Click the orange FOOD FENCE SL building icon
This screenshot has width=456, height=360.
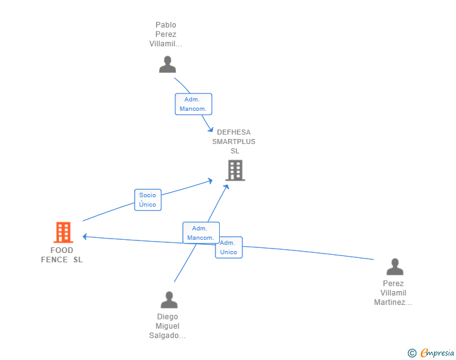[63, 232]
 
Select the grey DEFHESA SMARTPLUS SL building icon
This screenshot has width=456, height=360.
[235, 170]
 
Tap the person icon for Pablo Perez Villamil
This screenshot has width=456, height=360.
[167, 64]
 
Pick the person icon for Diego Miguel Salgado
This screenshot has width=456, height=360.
[169, 300]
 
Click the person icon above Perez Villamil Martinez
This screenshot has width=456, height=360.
[395, 267]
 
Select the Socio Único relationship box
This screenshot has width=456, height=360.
[148, 200]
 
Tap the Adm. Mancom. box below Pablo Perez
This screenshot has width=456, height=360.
[194, 104]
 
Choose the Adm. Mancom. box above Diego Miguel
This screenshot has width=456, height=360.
[201, 233]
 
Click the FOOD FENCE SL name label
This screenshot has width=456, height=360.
[61, 255]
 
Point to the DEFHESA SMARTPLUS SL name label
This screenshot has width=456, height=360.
[234, 141]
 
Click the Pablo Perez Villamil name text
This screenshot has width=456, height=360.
[166, 34]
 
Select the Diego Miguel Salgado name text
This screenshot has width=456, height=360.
[167, 326]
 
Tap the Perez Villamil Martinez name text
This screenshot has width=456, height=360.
[393, 293]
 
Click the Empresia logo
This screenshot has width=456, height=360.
[437, 352]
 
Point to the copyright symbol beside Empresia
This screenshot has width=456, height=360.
[412, 353]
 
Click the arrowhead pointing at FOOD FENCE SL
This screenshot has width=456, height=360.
[85, 237]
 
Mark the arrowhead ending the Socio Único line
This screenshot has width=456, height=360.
[210, 181]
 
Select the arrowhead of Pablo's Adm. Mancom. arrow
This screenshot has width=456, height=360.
[210, 130]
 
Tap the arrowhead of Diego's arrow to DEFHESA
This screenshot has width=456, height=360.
[226, 187]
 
